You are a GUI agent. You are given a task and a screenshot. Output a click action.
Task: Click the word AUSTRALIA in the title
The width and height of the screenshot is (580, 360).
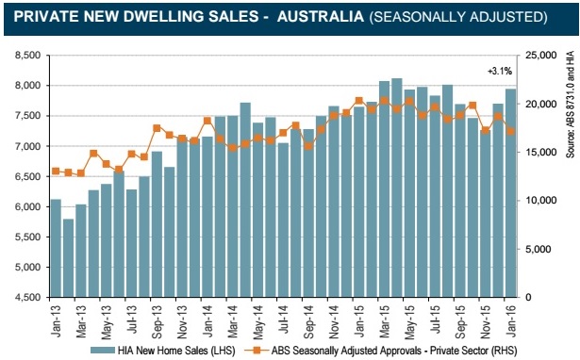pos(321,17)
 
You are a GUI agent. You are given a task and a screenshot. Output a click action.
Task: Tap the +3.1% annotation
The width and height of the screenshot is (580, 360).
pos(500,72)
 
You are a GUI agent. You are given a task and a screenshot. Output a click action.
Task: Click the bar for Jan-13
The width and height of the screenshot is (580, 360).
pos(56,248)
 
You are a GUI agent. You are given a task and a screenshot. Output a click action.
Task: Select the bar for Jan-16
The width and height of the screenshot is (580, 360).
pos(511,193)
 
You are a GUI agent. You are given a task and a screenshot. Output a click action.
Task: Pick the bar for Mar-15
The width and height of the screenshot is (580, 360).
pos(385,188)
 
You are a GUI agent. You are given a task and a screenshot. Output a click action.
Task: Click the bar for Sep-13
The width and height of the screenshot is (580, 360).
pos(157,224)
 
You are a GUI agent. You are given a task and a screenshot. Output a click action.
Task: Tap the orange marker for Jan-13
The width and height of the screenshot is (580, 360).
pos(56,172)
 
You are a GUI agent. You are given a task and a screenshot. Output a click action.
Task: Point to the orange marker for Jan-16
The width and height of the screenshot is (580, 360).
pos(511,131)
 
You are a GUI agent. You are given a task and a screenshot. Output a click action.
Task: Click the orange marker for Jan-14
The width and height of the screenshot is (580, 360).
pos(207,121)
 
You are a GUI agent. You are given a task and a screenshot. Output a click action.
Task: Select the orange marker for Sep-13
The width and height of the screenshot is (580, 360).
pos(157,128)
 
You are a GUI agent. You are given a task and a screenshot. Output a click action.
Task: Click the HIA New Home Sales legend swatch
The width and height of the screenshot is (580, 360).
pos(103,350)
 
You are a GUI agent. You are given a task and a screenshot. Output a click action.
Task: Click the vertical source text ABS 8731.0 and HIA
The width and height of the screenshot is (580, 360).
pos(571,105)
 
